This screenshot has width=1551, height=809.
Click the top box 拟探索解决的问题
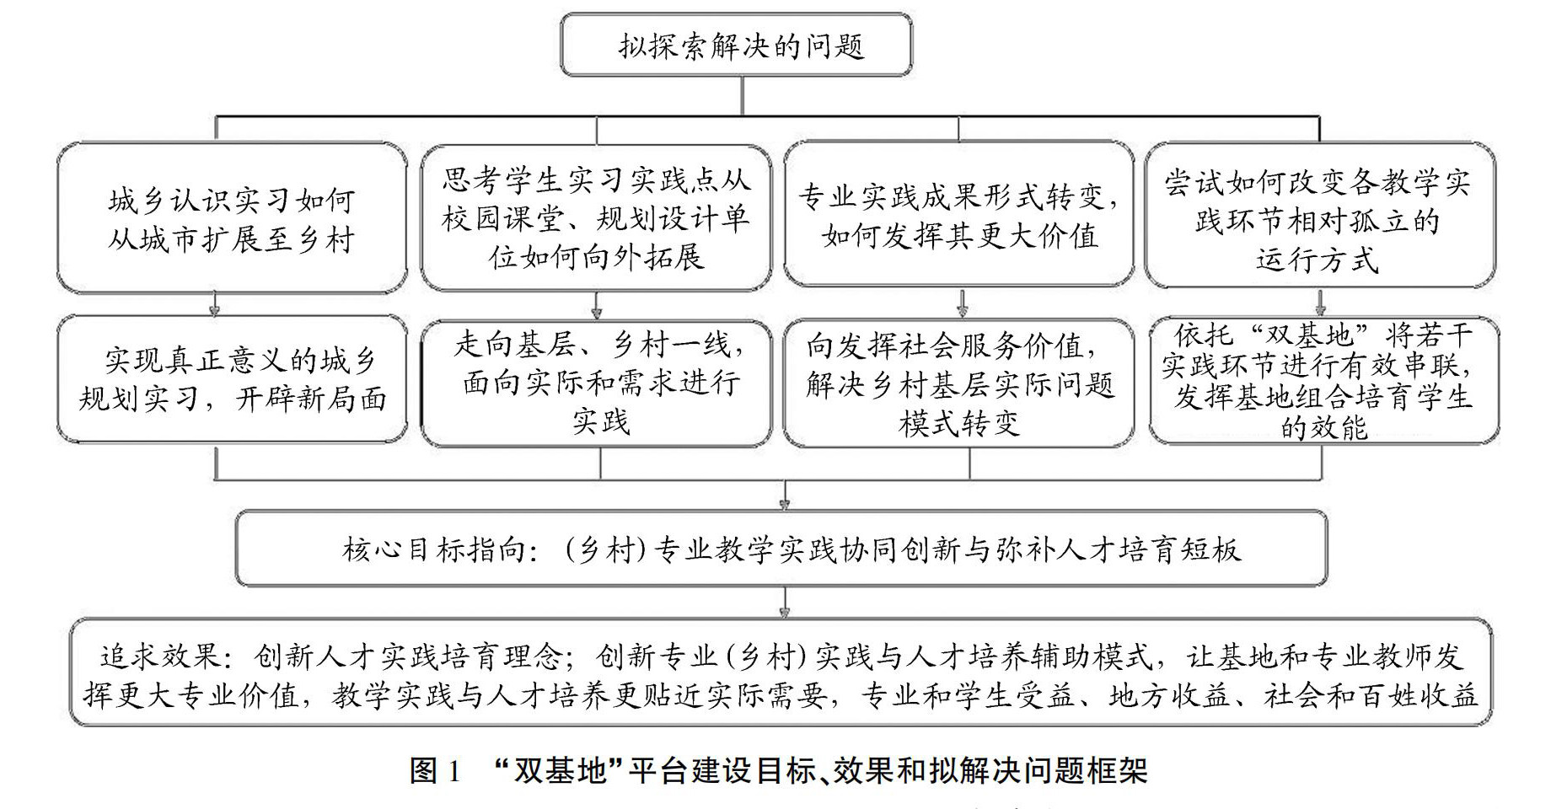[x=736, y=45]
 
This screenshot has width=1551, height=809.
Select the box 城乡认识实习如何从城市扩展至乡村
[x=231, y=219]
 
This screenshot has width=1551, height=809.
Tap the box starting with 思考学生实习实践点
[x=596, y=217]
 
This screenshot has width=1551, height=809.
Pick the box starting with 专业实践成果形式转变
[x=959, y=216]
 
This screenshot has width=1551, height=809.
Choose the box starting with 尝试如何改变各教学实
[x=1318, y=217]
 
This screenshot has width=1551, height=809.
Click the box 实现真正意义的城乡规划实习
[x=231, y=379]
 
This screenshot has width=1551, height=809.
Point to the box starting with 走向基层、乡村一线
[x=596, y=383]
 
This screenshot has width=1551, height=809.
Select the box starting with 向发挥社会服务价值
[x=959, y=383]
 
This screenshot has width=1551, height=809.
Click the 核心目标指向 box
[x=781, y=549]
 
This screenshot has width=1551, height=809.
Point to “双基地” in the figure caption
[x=559, y=769]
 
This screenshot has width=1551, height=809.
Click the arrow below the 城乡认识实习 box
[x=216, y=304]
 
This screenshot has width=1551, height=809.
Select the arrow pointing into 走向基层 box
[x=597, y=305]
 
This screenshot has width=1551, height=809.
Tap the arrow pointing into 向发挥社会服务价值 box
[x=963, y=305]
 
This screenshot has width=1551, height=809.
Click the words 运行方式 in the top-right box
[x=1317, y=260]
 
